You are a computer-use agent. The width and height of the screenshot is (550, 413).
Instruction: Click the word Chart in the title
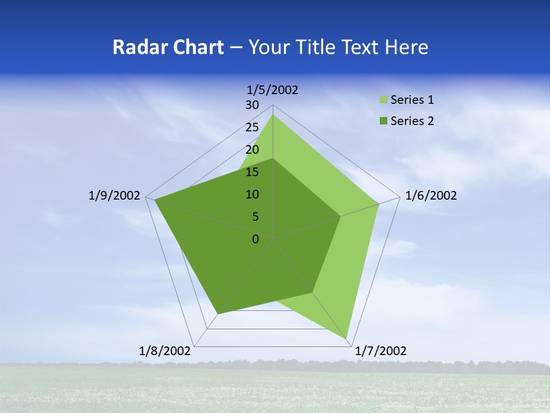click(x=197, y=47)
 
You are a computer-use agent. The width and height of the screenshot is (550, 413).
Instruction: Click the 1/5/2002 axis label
click(x=273, y=89)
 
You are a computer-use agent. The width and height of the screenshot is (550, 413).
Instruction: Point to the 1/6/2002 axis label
click(x=431, y=196)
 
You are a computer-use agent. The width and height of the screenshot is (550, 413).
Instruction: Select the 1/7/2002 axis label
click(x=380, y=351)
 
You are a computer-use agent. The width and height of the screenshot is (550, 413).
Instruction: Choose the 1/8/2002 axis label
click(x=165, y=351)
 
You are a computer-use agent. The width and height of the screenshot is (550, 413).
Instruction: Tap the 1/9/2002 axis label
click(x=115, y=196)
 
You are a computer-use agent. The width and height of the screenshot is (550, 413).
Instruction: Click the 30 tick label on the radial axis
click(x=252, y=105)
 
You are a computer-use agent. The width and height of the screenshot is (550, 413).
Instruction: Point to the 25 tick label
click(x=252, y=127)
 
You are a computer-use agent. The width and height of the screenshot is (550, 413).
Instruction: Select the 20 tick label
click(x=252, y=150)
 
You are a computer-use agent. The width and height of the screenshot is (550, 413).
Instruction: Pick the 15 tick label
click(x=252, y=172)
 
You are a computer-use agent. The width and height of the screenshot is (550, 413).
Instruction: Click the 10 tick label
click(x=252, y=194)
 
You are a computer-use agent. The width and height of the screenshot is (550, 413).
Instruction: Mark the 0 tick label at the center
click(x=256, y=239)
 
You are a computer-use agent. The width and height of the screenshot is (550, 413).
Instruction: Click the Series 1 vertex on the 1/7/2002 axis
click(x=347, y=340)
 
